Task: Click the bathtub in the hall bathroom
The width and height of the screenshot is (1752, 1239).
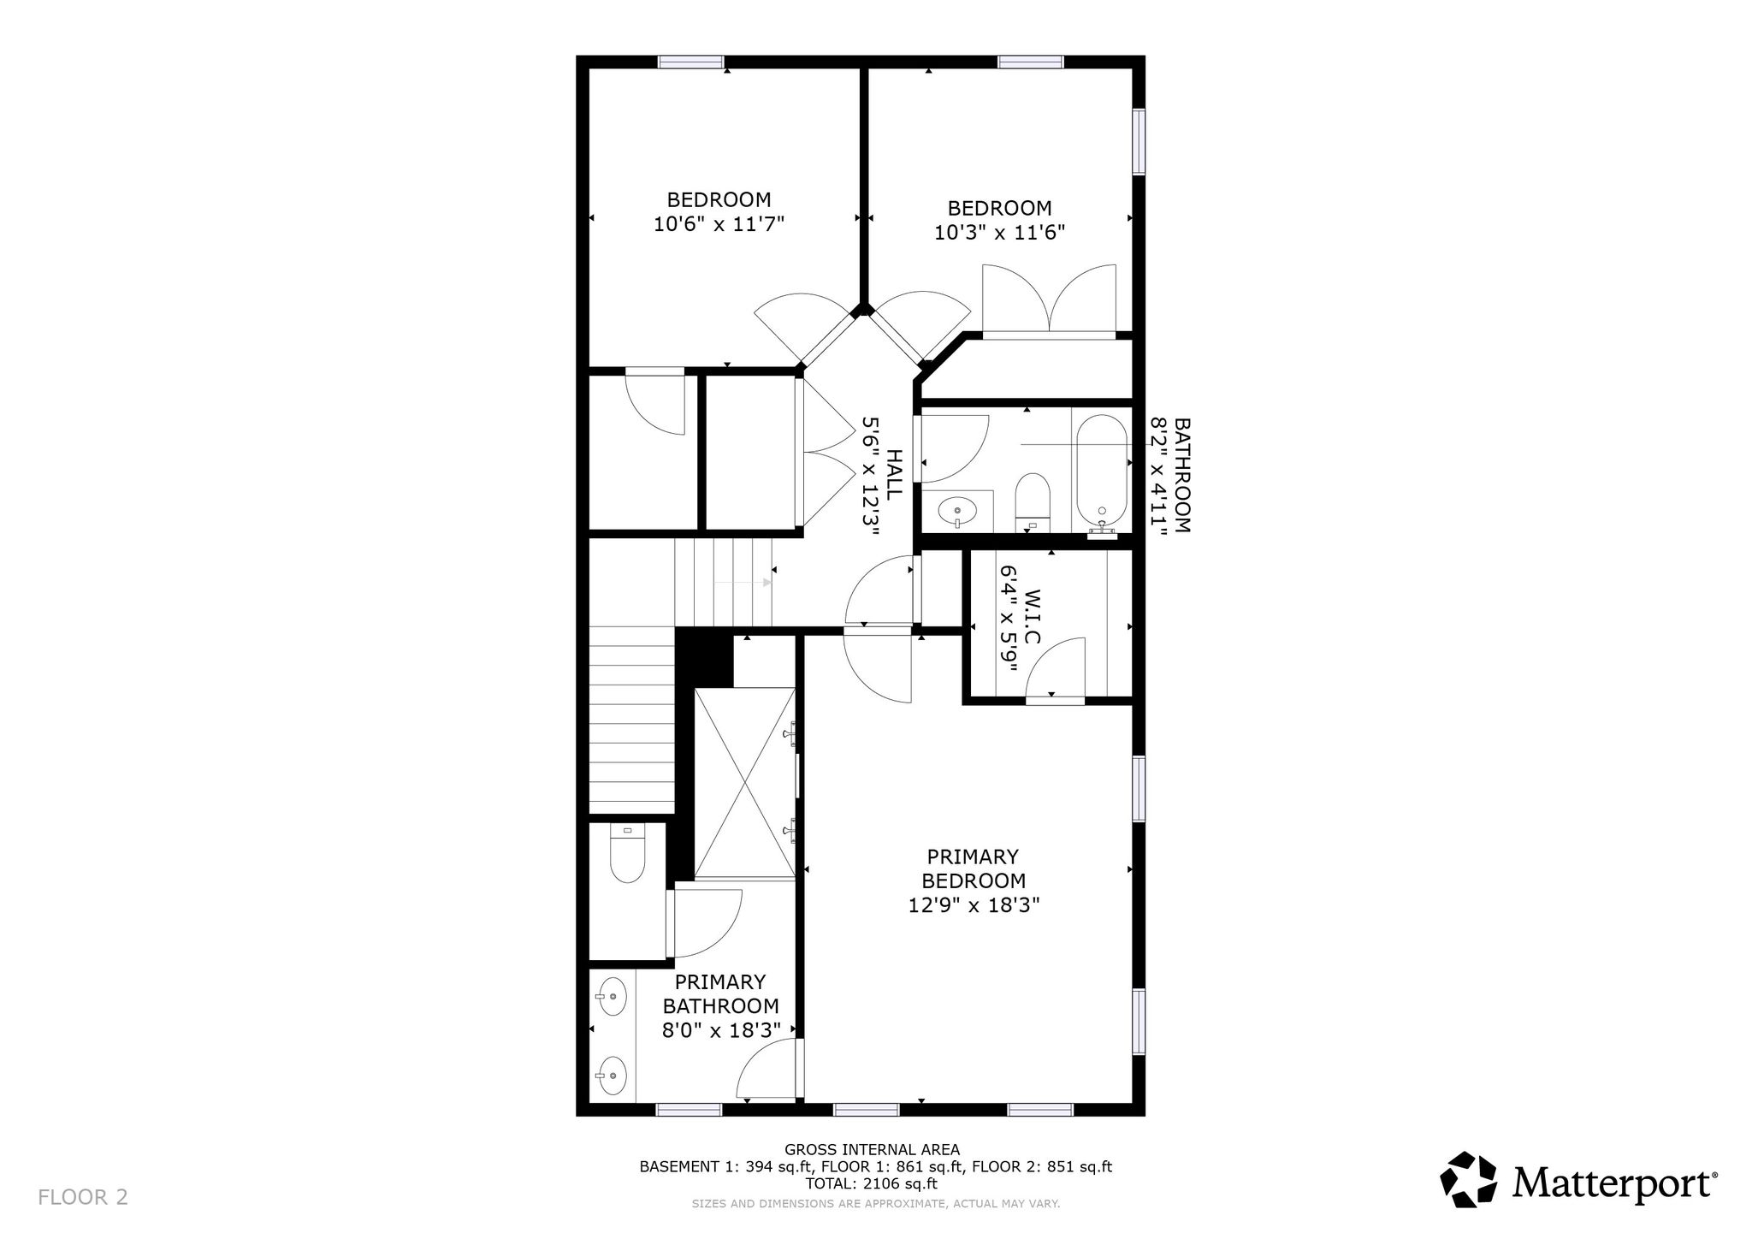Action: point(1101,475)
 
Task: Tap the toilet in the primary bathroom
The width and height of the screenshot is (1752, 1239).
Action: point(627,853)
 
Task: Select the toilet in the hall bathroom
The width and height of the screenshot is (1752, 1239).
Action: point(1032,501)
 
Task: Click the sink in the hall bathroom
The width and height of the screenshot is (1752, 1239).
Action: point(956,513)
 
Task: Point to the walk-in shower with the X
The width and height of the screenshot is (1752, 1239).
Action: point(745,782)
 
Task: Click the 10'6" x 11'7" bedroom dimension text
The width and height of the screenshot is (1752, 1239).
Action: point(719,224)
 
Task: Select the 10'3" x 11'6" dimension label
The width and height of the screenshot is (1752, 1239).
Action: point(999,232)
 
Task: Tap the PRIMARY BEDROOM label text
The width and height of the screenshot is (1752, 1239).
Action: point(974,868)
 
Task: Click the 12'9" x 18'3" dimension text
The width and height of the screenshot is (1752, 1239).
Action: point(974,905)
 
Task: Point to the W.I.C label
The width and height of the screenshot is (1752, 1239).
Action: point(1033,617)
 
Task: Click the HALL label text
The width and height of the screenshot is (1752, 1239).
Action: point(893,476)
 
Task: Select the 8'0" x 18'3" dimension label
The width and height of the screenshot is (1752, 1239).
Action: point(721,1030)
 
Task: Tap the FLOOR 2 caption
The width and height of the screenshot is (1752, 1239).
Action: point(83,1196)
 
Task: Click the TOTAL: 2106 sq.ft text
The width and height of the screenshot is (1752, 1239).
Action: point(872,1184)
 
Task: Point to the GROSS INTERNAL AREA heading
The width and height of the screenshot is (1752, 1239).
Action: point(872,1149)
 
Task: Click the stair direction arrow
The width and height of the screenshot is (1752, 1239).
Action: point(743,582)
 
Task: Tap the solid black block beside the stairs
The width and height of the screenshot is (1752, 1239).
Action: point(704,657)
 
